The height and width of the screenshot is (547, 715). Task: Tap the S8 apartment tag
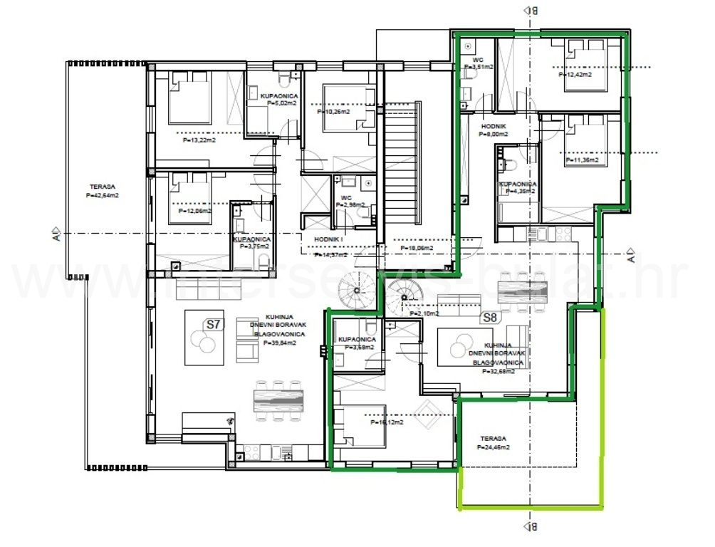click(489, 318)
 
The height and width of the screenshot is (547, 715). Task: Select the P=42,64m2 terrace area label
click(102, 194)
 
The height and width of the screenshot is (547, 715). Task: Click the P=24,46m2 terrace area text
click(493, 447)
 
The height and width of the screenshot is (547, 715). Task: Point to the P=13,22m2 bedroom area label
click(199, 140)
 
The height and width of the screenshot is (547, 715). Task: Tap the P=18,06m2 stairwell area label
click(417, 248)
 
